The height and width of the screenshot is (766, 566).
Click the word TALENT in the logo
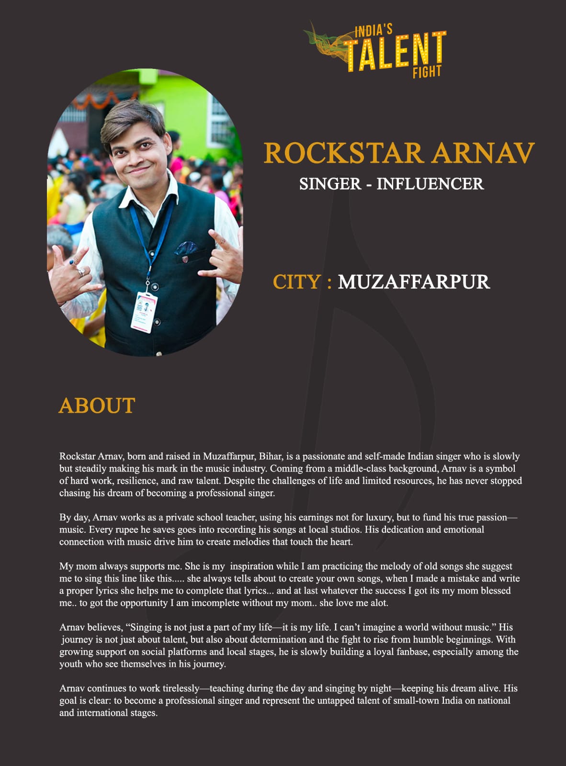(396, 52)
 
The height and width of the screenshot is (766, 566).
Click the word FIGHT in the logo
(427, 72)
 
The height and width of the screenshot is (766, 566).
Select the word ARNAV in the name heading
(483, 153)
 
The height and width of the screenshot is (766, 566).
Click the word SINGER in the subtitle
(330, 184)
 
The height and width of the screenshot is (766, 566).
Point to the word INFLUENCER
(430, 184)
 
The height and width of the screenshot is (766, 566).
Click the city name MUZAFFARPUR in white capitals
(414, 282)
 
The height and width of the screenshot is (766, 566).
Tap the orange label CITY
(297, 282)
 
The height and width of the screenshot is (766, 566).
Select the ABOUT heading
(97, 406)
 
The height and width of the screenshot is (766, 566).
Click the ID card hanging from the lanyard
(144, 311)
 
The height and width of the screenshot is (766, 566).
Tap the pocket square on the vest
(185, 248)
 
